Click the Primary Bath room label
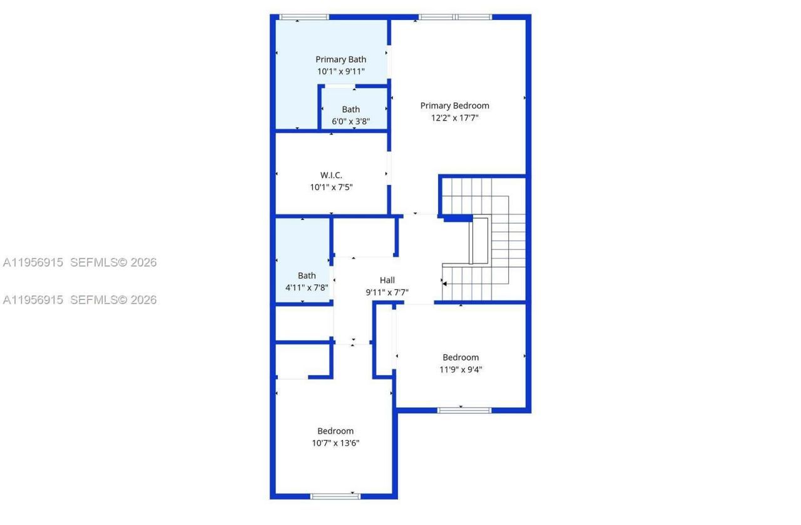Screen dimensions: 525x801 click(x=340, y=59)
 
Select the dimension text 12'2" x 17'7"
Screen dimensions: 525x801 click(x=454, y=117)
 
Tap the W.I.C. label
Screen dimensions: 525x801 click(x=331, y=175)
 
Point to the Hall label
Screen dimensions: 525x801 click(x=387, y=280)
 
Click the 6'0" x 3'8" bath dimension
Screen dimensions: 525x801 click(x=350, y=121)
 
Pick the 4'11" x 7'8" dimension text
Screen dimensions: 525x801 click(x=307, y=287)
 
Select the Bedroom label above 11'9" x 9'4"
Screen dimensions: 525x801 click(x=461, y=357)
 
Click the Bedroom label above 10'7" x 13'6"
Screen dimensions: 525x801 click(x=335, y=431)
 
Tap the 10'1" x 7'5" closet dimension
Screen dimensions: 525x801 click(x=331, y=187)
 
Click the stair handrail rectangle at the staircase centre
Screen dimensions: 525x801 click(x=480, y=241)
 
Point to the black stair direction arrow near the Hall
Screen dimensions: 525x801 click(x=444, y=283)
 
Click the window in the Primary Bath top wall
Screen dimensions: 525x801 click(x=304, y=17)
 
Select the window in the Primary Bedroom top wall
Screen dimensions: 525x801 click(x=455, y=17)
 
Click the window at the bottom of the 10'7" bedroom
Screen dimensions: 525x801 click(x=335, y=496)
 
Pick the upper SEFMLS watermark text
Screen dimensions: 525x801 click(x=113, y=262)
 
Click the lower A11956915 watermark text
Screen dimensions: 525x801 click(x=33, y=300)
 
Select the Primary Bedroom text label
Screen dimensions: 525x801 click(x=454, y=106)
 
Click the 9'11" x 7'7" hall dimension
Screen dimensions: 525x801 click(x=387, y=292)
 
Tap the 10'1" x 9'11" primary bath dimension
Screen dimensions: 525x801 click(x=340, y=71)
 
